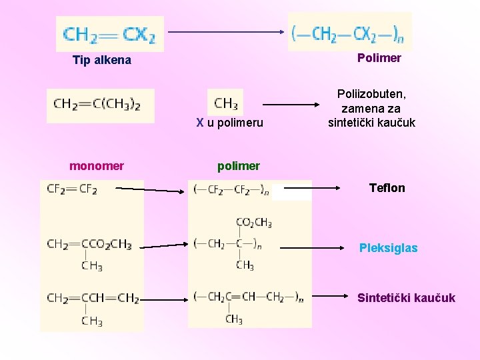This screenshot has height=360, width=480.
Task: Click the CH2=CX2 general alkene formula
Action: pos(110,34)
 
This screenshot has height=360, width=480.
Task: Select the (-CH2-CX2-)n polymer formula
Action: pos(349,31)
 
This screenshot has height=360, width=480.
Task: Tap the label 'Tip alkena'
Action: pos(102,60)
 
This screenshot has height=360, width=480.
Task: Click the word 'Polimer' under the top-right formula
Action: pos(379,58)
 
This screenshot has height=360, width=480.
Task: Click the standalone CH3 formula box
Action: pos(225,103)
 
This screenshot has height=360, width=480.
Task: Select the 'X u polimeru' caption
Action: pos(229,123)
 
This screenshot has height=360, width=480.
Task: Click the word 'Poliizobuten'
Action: pos(371,95)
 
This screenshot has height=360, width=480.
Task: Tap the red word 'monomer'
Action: pos(97,166)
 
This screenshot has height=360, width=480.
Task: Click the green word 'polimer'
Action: pos(239,166)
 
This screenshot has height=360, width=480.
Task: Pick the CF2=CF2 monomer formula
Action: pos(72,189)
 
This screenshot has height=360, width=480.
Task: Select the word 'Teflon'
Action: pos(387,188)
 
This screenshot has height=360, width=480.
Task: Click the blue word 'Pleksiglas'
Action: pos(389,248)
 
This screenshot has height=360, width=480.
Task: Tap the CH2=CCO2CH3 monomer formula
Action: pos(89,245)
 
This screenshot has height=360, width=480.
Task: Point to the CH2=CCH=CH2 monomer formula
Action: pos(93,298)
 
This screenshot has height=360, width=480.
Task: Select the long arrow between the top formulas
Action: pos(225,31)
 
